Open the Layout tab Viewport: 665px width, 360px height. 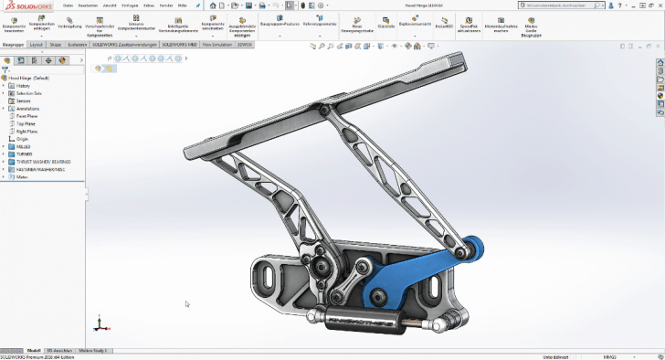(36, 44)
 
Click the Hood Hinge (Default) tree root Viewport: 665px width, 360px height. (32, 78)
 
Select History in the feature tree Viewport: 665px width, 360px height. (23, 86)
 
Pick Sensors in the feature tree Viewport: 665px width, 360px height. (24, 101)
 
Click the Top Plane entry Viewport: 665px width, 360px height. (26, 123)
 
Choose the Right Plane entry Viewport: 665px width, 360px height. (27, 132)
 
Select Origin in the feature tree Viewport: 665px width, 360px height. (23, 139)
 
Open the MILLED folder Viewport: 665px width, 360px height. (24, 146)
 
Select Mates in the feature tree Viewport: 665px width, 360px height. (22, 177)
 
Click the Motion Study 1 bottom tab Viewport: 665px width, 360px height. (92, 350)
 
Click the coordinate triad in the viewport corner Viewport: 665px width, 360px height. (99, 323)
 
